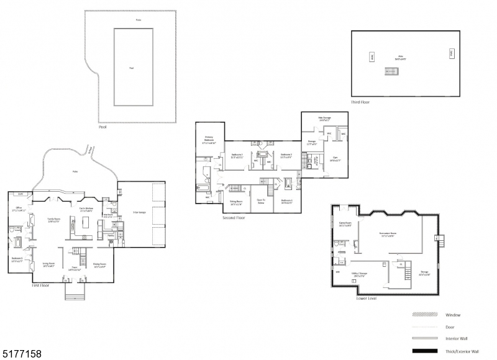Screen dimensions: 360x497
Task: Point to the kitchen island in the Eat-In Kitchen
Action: (x=84, y=222)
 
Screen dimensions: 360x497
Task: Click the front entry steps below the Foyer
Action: (x=74, y=290)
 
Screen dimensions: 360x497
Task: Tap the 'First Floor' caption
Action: (x=40, y=286)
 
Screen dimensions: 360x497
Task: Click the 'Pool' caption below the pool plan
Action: (x=103, y=127)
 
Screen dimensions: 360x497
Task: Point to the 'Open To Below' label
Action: (x=262, y=201)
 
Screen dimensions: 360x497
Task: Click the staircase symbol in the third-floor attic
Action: (x=391, y=70)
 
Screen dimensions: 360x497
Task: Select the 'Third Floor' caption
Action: (x=360, y=101)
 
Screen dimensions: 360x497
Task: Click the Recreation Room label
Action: (x=388, y=234)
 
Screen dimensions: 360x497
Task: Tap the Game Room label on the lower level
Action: (x=345, y=224)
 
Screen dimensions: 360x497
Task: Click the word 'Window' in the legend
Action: (x=454, y=315)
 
